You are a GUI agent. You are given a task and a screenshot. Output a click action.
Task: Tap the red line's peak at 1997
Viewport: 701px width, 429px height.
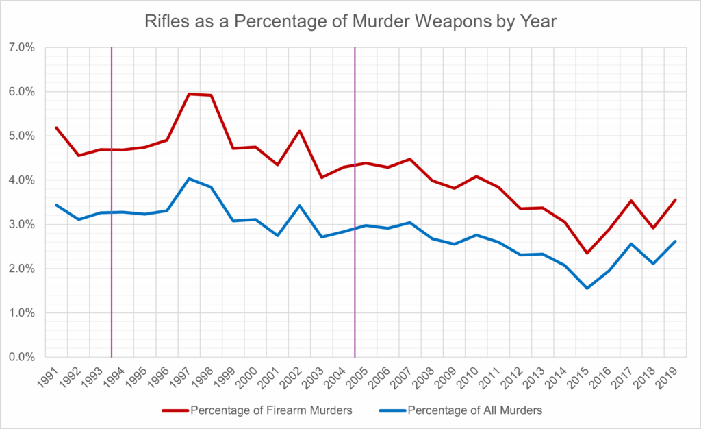(189, 94)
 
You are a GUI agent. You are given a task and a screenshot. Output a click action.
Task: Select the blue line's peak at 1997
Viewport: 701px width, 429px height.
(189, 179)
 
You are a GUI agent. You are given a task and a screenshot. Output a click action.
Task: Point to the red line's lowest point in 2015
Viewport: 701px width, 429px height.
(587, 253)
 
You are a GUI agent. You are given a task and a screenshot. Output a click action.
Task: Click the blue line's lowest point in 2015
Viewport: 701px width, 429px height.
(587, 288)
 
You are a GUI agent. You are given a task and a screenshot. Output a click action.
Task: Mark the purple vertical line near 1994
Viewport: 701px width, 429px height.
(112, 206)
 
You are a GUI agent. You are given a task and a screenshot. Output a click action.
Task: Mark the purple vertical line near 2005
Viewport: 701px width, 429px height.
(355, 206)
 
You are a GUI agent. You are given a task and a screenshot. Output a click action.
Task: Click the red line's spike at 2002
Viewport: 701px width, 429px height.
(300, 130)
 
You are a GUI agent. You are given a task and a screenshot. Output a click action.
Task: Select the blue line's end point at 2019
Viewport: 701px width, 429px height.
(676, 241)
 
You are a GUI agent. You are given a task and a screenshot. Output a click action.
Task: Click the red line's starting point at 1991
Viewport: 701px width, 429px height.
(56, 127)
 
